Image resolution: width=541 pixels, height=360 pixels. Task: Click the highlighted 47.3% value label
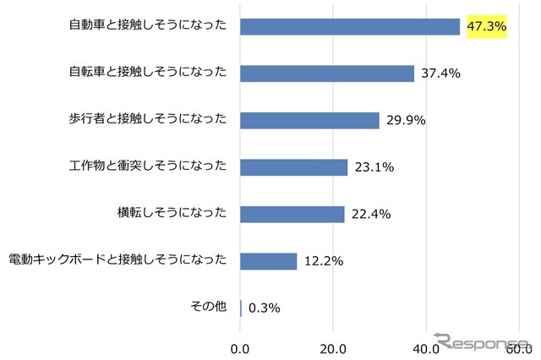pos(486,26)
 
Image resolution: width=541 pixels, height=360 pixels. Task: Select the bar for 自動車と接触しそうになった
pos(350,26)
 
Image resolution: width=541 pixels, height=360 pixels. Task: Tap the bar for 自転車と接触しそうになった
pos(327,74)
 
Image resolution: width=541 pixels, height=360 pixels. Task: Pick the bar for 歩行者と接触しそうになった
pos(309,120)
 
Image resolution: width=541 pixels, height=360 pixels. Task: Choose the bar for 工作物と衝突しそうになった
pos(294,167)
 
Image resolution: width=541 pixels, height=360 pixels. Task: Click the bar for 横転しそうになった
pos(292,214)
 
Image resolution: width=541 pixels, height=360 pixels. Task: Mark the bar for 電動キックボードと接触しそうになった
pos(269,261)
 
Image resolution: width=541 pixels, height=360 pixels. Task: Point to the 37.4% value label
pos(440,74)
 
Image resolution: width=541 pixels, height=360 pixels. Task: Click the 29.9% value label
pos(406,120)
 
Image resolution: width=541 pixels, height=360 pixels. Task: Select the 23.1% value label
pos(374,167)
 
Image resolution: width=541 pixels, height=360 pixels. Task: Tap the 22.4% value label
pos(371,214)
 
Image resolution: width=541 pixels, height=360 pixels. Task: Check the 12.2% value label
pos(324,261)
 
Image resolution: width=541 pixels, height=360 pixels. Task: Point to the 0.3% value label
pos(264,308)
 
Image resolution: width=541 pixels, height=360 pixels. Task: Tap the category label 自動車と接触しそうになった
pos(148,25)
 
